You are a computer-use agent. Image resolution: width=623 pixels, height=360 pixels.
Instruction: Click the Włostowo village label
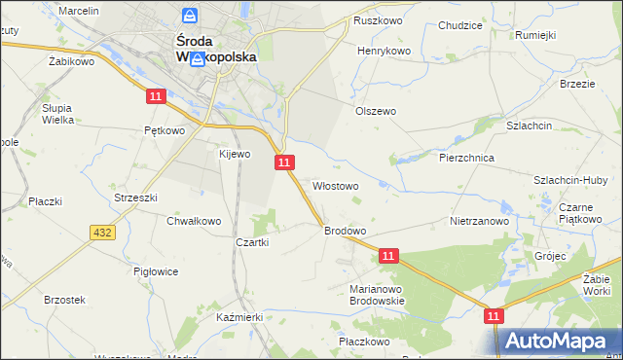point(335,185)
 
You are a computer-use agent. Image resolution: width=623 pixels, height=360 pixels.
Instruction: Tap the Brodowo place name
point(345,231)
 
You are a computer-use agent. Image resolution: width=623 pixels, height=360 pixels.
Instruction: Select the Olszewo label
point(375,111)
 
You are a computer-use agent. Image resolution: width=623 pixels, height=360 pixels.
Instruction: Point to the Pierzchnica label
point(467,157)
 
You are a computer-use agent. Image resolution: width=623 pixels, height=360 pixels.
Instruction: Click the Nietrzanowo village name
point(480,221)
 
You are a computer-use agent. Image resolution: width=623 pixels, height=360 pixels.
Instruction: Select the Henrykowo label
point(385,50)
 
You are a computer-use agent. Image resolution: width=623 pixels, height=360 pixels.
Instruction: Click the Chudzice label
point(461,25)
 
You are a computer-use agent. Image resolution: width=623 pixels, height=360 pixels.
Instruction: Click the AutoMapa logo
point(559,341)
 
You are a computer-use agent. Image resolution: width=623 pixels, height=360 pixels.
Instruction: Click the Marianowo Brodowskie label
point(377,295)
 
